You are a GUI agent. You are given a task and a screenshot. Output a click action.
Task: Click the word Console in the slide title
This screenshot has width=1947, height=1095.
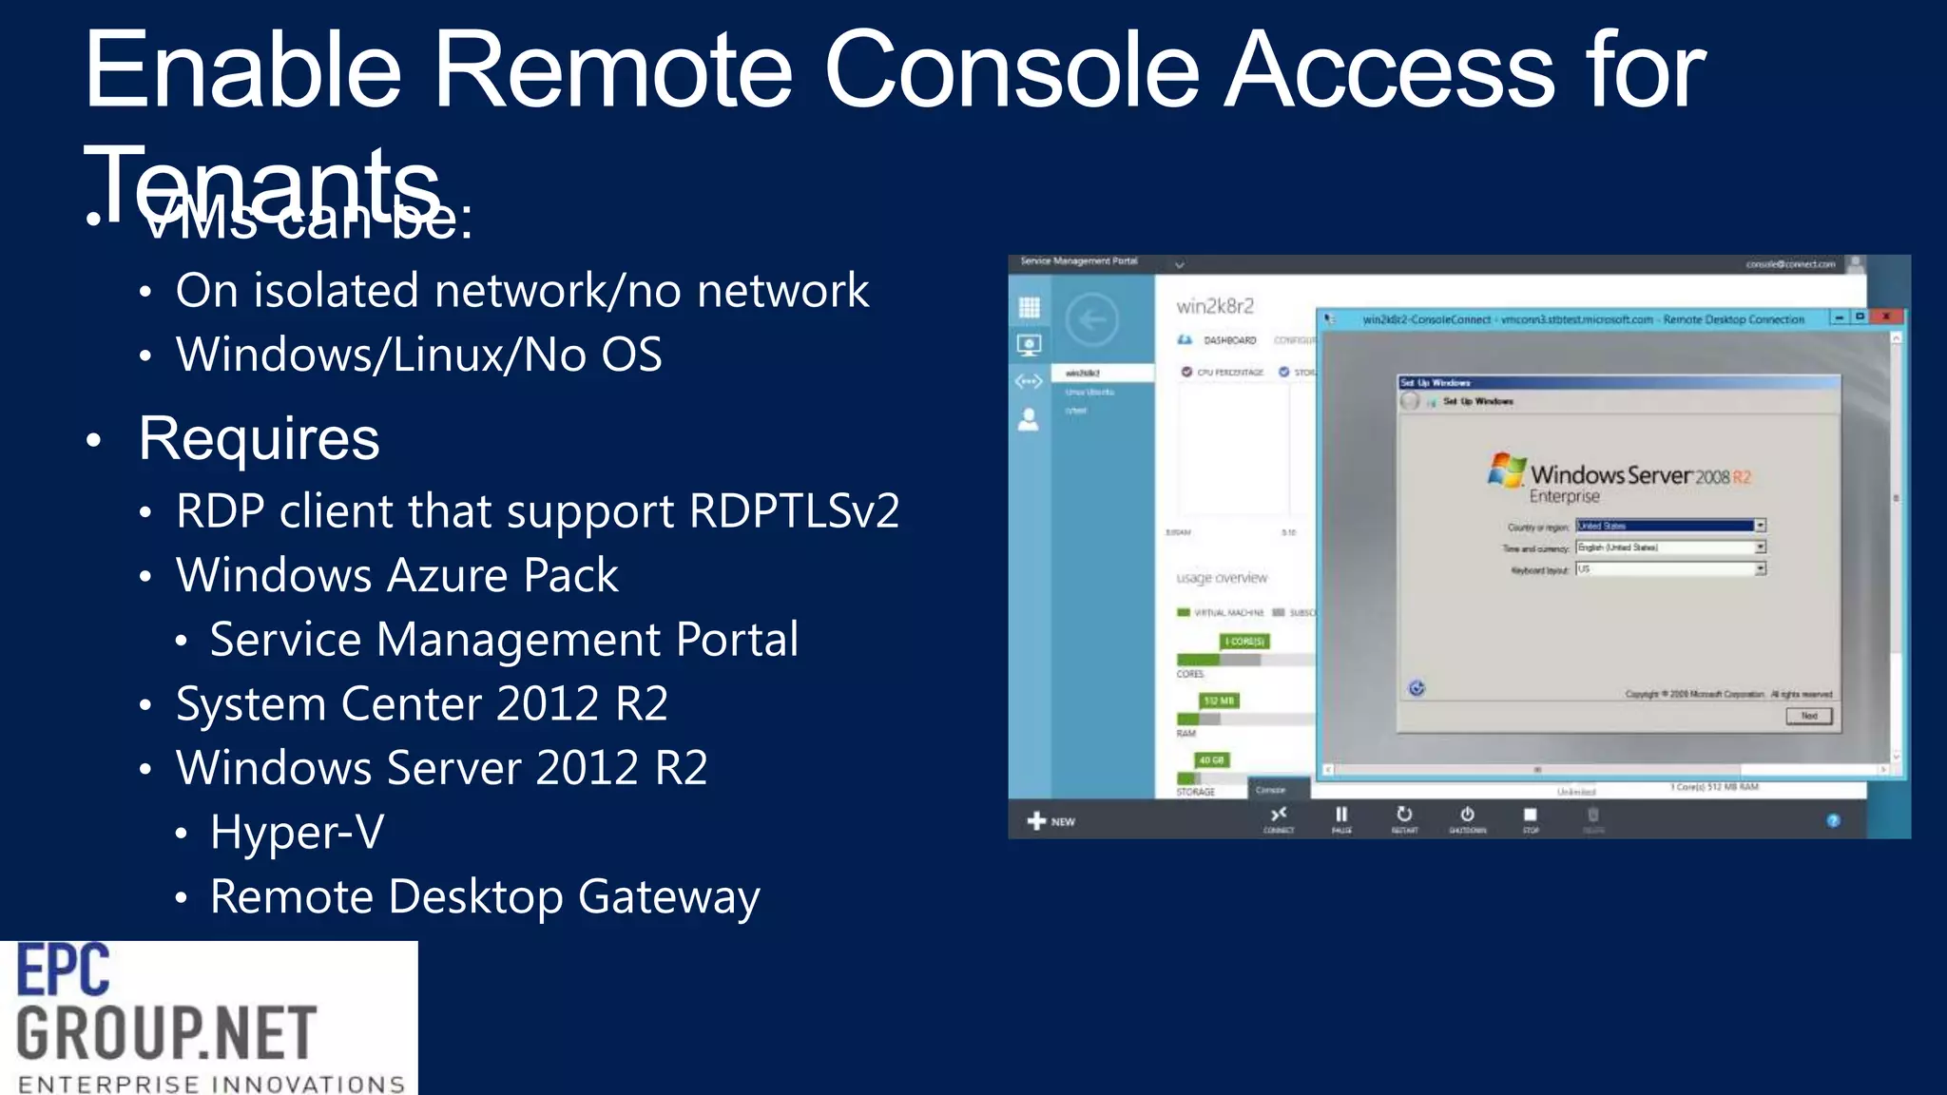(1012, 70)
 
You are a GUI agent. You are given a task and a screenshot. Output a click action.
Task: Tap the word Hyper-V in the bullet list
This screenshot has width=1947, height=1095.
(297, 833)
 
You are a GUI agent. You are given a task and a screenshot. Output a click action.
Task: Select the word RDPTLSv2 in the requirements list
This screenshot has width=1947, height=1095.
(794, 511)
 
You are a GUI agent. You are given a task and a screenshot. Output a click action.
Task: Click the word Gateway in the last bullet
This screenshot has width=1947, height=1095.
(668, 897)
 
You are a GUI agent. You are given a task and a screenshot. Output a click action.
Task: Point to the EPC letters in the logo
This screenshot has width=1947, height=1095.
(64, 970)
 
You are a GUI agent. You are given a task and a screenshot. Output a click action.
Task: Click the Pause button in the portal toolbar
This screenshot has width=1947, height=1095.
(1341, 816)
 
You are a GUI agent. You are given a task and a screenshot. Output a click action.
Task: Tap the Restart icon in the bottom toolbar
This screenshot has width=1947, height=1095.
(1404, 816)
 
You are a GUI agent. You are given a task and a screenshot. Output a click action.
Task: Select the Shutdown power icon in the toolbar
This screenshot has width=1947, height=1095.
(1467, 816)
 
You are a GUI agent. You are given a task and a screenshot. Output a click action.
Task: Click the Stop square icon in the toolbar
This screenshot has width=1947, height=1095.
(1530, 816)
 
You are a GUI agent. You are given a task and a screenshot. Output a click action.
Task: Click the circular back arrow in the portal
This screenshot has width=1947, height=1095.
(1092, 320)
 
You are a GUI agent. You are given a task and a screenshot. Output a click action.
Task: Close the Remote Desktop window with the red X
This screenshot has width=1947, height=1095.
(1886, 317)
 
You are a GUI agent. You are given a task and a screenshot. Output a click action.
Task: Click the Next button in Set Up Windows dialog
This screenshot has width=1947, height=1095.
(1808, 716)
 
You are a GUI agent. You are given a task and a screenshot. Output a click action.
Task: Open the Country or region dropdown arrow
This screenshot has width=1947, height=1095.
(1760, 526)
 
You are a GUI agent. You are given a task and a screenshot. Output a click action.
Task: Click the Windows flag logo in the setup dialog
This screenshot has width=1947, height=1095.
(1506, 470)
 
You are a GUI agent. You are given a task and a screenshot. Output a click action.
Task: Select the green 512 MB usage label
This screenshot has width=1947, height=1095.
(1219, 701)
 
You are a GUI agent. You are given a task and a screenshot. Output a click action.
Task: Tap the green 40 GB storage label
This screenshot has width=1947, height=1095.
(1211, 759)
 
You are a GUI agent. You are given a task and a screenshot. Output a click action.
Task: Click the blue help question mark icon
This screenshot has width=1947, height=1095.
(1833, 820)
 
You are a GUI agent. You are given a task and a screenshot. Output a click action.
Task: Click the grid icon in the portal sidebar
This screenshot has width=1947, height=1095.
(1029, 307)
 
